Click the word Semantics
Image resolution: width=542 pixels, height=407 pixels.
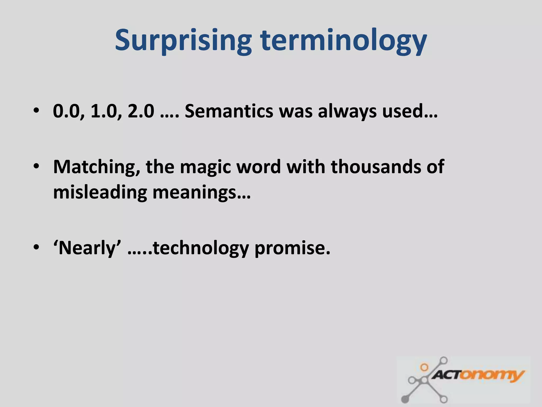click(229, 111)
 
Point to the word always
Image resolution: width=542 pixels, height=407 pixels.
click(347, 112)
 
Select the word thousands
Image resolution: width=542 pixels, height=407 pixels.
click(376, 167)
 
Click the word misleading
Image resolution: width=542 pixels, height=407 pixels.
click(100, 192)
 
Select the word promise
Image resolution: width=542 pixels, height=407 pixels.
click(292, 248)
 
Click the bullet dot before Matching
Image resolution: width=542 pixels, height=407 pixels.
click(36, 166)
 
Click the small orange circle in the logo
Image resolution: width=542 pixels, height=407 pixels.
click(424, 367)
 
